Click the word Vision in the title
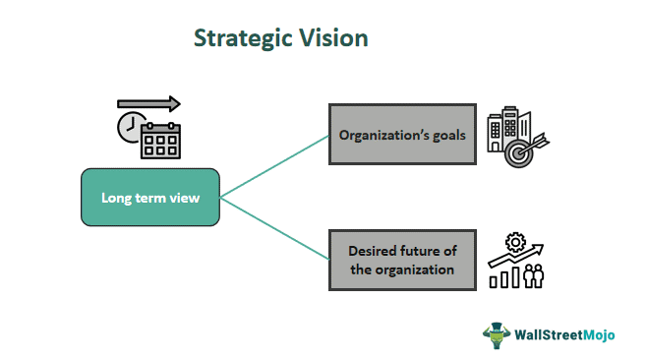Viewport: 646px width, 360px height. (333, 39)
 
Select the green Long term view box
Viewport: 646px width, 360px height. (150, 198)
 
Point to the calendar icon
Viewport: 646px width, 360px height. (160, 140)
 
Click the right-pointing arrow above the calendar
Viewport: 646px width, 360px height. (149, 103)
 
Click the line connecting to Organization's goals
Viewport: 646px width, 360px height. (275, 165)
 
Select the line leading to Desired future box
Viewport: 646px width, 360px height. (275, 228)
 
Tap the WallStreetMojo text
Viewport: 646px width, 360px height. (562, 334)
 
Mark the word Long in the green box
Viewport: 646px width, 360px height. (116, 198)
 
